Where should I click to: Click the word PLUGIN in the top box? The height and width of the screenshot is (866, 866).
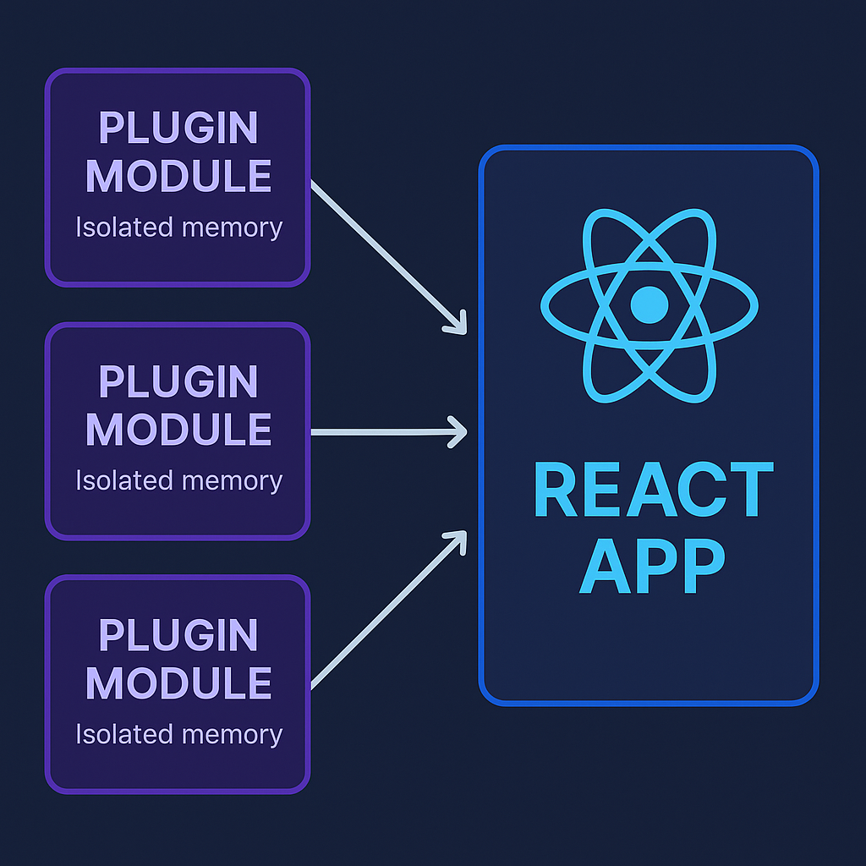pos(178,129)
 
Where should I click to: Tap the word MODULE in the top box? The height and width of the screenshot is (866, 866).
pos(178,176)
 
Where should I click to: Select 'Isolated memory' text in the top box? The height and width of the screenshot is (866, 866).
pos(178,227)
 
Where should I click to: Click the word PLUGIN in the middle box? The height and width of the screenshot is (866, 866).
pos(178,382)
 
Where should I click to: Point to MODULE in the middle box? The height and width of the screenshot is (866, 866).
pos(178,430)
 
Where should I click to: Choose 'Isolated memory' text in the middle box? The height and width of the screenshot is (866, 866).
pos(178,480)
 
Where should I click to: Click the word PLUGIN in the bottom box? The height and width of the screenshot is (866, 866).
pos(178,635)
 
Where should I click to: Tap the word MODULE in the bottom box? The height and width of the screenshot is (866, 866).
pos(178,682)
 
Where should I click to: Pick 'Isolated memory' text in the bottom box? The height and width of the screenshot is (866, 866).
pos(178,734)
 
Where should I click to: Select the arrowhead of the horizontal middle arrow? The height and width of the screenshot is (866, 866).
pos(460,431)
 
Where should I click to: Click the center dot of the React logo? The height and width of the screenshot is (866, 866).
pos(649,304)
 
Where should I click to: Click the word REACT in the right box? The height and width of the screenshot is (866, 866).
pos(654,491)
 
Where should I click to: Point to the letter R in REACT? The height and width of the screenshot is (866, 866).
pos(556,491)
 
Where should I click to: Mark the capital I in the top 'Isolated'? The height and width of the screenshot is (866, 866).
pos(79,227)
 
